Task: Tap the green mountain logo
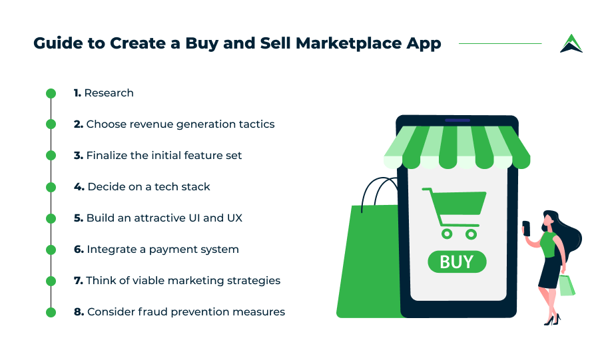571,43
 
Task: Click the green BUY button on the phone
457,262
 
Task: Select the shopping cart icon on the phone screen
455,213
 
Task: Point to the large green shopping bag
370,259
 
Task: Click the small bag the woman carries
567,285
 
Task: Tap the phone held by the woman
526,228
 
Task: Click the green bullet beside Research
51,93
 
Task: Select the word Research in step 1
109,93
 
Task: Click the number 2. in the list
78,124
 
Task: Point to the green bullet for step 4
51,187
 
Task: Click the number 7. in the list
78,281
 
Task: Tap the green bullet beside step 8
51,313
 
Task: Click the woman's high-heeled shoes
552,319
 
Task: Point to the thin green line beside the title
500,43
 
